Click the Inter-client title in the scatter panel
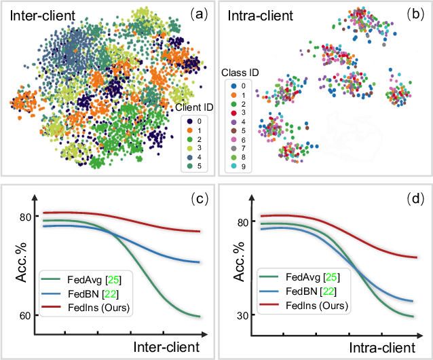tap(43, 15)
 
